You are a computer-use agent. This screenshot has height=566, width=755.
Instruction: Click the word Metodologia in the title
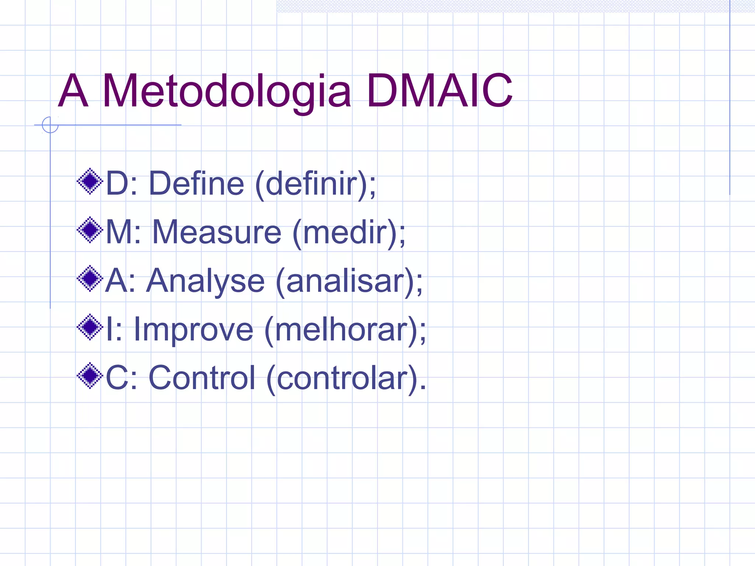226,92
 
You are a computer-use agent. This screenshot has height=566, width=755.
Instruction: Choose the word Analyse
205,281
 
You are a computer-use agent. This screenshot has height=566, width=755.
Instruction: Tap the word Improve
193,330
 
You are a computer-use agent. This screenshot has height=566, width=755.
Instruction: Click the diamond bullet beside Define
90,181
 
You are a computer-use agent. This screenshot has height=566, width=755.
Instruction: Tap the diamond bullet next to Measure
90,230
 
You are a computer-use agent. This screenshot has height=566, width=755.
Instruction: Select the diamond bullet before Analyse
90,279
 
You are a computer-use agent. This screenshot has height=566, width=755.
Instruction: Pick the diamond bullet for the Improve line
90,327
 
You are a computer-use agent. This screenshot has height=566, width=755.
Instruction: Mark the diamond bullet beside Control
90,376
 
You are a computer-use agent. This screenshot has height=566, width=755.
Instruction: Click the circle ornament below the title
50,125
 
